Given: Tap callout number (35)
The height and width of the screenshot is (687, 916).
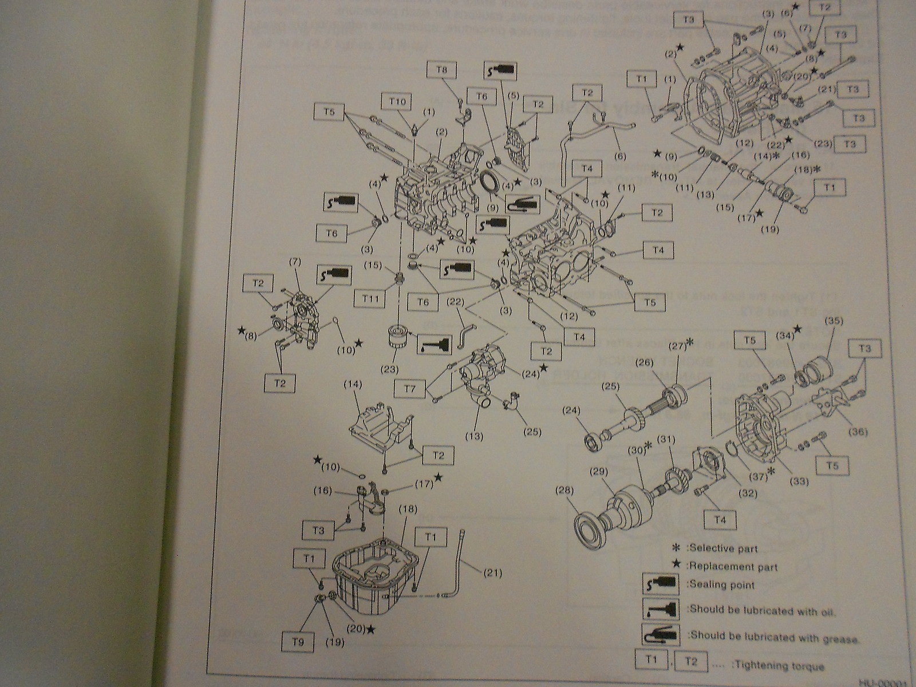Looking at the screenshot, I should click(828, 321).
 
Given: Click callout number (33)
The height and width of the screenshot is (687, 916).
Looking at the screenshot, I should click(800, 481).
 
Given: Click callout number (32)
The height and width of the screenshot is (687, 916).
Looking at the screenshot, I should click(748, 493).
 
